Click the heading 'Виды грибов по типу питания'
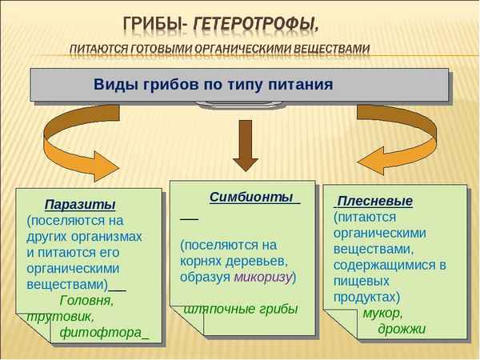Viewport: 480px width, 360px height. (212, 84)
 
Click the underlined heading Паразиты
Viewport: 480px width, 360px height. (80, 204)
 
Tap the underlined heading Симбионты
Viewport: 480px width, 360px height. (250, 197)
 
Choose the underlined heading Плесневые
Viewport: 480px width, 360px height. (374, 201)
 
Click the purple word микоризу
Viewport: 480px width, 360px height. (263, 277)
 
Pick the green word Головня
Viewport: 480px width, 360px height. (87, 301)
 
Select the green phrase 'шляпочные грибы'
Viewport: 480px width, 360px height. (240, 309)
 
